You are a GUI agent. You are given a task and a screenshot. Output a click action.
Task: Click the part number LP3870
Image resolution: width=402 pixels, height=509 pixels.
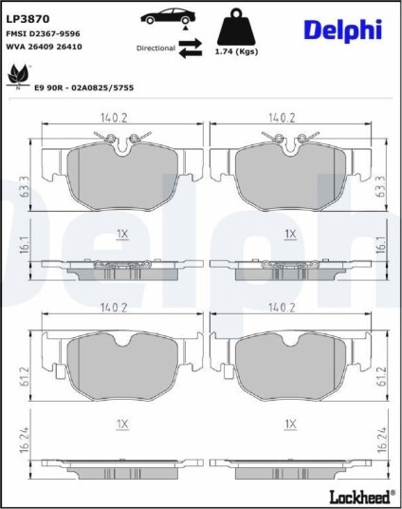click(x=27, y=19)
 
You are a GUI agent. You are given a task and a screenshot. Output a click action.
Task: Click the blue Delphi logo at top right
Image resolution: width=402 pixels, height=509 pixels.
click(x=343, y=30)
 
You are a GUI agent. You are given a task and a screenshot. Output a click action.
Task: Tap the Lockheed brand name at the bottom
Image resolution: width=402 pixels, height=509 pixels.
click(x=360, y=497)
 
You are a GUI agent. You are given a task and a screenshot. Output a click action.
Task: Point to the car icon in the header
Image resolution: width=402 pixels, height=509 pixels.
click(x=168, y=16)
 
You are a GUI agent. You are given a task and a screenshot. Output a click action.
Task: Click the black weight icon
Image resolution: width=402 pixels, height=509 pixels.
click(x=236, y=28)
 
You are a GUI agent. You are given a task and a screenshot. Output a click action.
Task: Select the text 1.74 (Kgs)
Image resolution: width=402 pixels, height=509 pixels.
click(x=237, y=51)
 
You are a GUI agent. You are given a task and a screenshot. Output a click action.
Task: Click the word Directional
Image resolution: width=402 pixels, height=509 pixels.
click(x=155, y=48)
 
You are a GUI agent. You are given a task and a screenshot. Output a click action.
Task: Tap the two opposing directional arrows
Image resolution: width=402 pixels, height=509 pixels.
click(x=191, y=48)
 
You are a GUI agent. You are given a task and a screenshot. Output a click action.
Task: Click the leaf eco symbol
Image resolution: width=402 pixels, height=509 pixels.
click(x=18, y=77)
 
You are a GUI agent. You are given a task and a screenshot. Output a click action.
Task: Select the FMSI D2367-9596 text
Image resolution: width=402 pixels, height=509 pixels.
click(x=43, y=34)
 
